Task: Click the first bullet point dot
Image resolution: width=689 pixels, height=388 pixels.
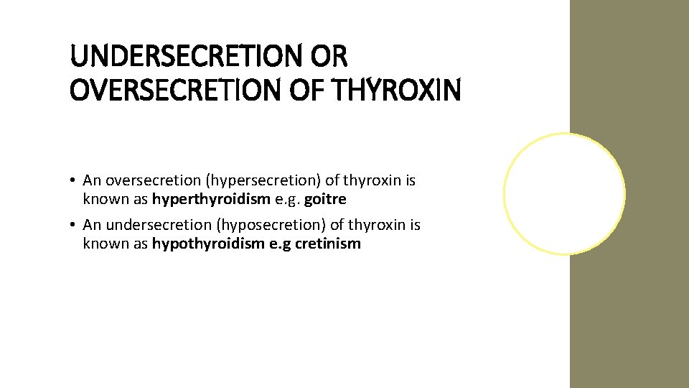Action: [x=74, y=180]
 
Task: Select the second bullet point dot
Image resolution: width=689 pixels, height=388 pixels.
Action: [x=74, y=226]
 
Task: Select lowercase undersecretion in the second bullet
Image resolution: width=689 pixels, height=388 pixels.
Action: [x=149, y=226]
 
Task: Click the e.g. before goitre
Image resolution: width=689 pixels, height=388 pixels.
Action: [x=286, y=199]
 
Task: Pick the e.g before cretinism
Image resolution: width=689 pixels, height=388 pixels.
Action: [x=278, y=244]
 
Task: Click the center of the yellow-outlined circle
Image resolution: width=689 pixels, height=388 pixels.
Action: [x=564, y=193]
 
